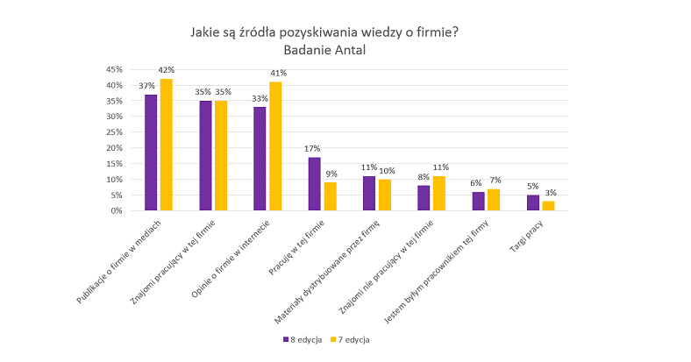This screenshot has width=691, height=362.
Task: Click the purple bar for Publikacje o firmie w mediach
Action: [151, 153]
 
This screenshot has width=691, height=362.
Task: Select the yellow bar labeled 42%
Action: [166, 145]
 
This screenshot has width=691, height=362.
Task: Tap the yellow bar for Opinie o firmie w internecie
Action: [275, 146]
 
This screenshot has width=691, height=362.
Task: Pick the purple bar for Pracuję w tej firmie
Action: [314, 184]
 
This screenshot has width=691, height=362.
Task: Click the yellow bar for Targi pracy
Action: [548, 206]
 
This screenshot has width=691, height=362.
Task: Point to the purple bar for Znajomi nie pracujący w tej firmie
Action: [424, 198]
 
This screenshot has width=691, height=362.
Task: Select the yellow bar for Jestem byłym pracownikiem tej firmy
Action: [494, 200]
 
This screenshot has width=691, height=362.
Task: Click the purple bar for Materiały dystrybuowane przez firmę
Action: [369, 194]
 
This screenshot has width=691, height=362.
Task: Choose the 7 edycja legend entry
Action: [350, 338]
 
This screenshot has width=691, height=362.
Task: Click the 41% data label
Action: [278, 73]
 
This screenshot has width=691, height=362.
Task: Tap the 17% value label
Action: [313, 149]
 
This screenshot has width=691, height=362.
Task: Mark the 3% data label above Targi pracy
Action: [549, 193]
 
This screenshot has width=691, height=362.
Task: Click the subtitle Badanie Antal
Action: [324, 50]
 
